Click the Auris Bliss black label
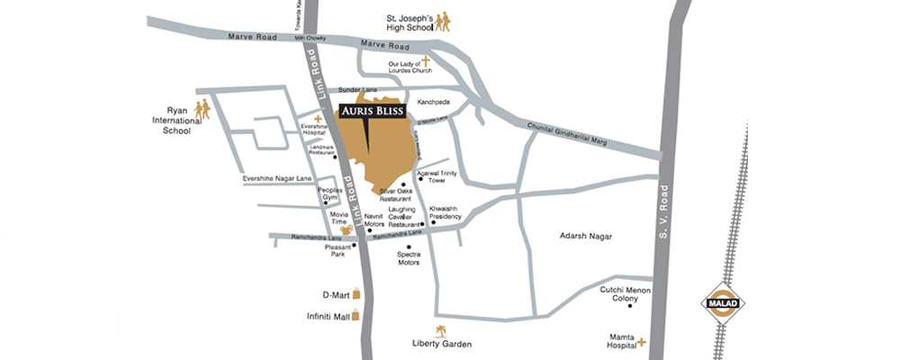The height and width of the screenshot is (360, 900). pos(372,112)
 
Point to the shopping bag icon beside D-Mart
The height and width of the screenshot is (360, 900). pos(356,293)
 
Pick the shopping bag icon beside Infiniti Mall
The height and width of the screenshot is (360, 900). pos(356,315)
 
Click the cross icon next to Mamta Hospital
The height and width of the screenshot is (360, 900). pos(642,342)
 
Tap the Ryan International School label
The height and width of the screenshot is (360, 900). pos(170,120)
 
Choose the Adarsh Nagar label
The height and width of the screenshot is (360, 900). pos(585,235)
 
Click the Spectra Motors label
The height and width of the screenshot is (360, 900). pos(409,258)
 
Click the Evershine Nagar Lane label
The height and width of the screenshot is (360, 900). pos(276,179)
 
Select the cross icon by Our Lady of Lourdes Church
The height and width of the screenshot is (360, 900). pos(427,61)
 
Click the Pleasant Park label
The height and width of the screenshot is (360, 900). pos(337,250)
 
